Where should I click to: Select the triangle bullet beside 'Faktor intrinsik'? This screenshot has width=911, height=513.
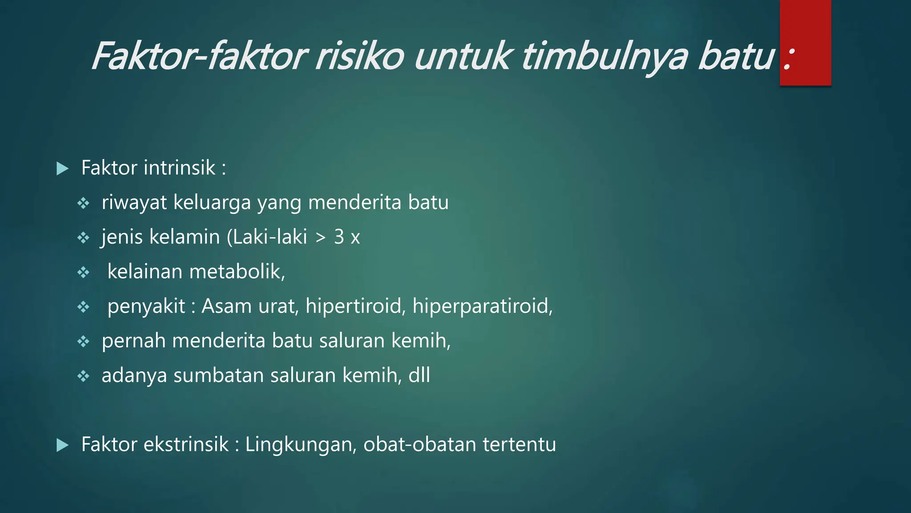pyautogui.click(x=63, y=169)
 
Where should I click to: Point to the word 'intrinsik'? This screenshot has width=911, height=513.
pyautogui.click(x=180, y=168)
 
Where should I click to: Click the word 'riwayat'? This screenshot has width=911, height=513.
pyautogui.click(x=134, y=203)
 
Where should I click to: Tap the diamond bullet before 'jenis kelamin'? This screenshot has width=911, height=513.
pyautogui.click(x=83, y=238)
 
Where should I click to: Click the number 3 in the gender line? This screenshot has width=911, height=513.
pyautogui.click(x=339, y=237)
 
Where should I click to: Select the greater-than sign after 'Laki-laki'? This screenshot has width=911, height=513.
pyautogui.click(x=320, y=238)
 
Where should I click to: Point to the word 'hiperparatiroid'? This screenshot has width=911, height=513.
pyautogui.click(x=482, y=306)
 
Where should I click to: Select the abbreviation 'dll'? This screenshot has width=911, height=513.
pyautogui.click(x=419, y=375)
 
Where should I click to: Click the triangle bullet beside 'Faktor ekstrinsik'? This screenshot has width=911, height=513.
pyautogui.click(x=63, y=445)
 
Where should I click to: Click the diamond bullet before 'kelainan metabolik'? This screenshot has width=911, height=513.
pyautogui.click(x=83, y=273)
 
